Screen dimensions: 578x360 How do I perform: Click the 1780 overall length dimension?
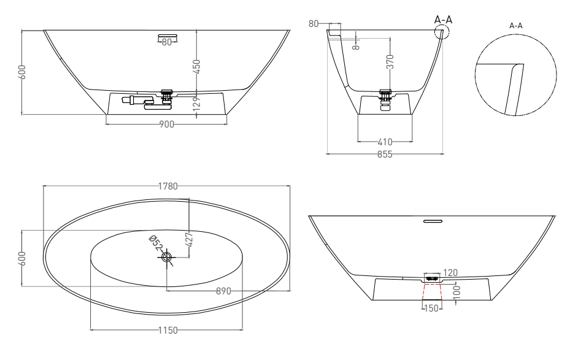(x=168, y=186)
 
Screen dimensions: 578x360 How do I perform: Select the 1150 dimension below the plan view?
(x=168, y=331)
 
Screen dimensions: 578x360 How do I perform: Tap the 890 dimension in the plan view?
(x=223, y=291)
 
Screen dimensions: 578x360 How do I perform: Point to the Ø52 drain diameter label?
(x=156, y=243)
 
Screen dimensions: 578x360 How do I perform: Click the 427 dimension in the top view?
(x=189, y=240)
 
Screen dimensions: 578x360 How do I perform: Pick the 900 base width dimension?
(x=167, y=124)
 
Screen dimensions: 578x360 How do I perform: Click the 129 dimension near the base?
(x=197, y=104)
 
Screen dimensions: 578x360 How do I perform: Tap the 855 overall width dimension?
(x=385, y=155)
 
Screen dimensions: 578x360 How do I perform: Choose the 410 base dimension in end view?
(x=385, y=142)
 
